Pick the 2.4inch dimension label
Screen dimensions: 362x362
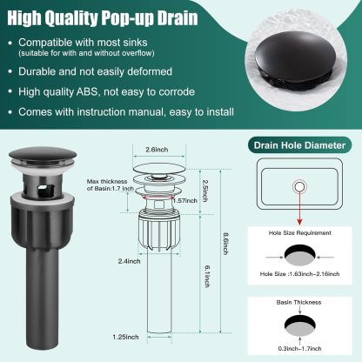pos(133,259)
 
